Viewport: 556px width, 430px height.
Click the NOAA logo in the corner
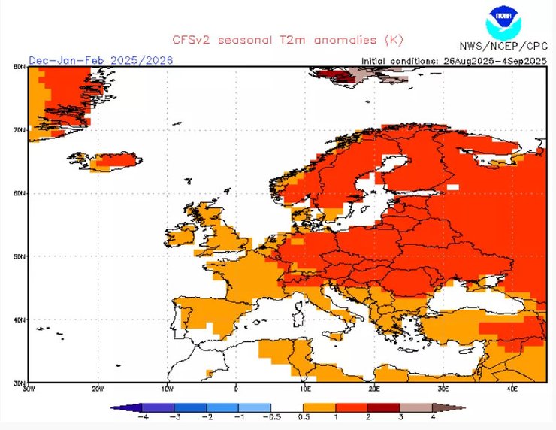click(x=503, y=23)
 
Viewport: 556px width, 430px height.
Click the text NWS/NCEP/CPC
click(x=503, y=46)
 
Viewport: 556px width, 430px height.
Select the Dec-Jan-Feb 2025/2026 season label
click(x=101, y=59)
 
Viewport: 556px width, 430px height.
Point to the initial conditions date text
click(x=454, y=60)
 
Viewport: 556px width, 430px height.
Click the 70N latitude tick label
click(x=20, y=130)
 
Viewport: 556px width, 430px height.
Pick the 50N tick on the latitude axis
click(x=20, y=256)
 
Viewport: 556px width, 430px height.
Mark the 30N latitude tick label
click(x=20, y=383)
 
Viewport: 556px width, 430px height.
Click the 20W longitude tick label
click(x=98, y=389)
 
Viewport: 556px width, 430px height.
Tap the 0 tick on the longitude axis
click(x=237, y=389)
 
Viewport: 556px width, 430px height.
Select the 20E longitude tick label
click(x=375, y=389)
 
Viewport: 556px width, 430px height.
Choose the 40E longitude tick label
click(x=513, y=389)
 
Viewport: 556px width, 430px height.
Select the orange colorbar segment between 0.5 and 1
click(x=319, y=408)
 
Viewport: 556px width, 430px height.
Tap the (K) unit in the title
click(x=394, y=39)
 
